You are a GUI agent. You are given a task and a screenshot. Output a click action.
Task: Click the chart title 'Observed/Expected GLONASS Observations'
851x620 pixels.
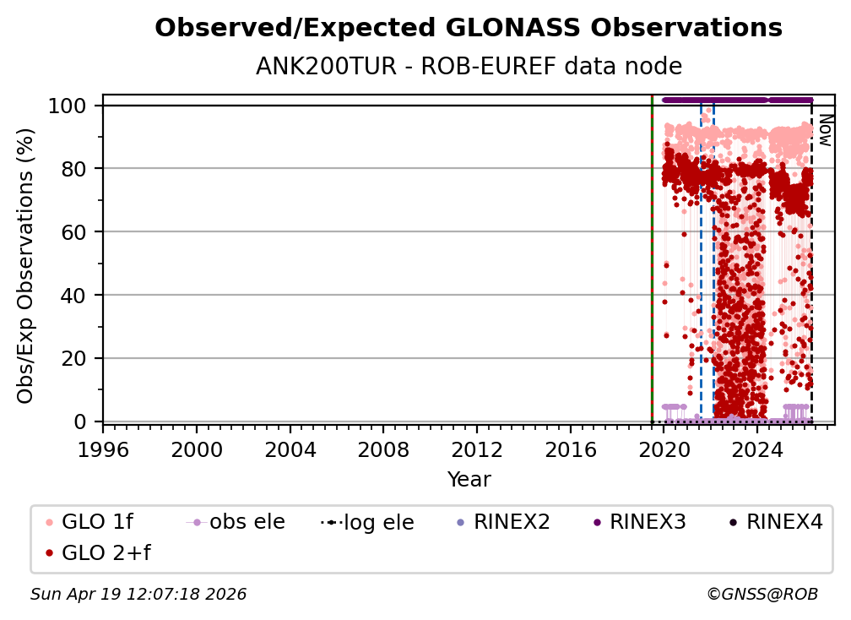469,29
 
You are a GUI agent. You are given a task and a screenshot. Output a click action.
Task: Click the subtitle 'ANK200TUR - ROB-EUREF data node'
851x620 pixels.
469,67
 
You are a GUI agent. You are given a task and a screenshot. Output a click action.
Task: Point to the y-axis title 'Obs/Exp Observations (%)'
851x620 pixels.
26,265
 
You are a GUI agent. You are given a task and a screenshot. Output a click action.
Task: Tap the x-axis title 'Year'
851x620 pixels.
469,480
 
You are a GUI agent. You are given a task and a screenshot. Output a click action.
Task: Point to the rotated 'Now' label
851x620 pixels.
825,131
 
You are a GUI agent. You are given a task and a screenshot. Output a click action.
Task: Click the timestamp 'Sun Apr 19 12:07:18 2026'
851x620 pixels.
138,595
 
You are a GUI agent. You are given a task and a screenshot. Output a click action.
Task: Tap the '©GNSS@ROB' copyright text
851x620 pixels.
762,595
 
